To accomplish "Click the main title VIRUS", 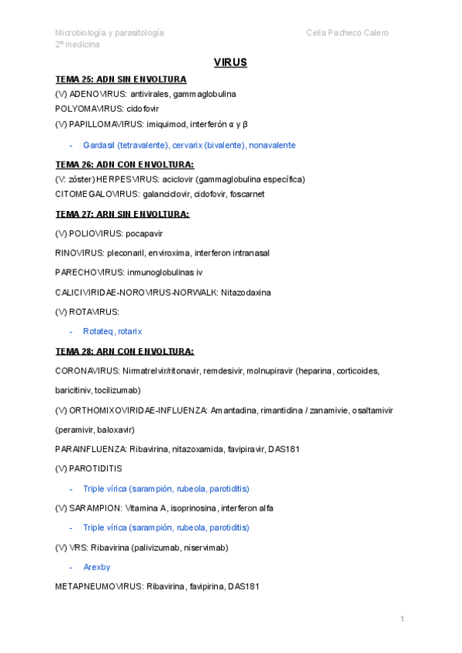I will point(230,62).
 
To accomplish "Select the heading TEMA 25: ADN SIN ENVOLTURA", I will point(121,79).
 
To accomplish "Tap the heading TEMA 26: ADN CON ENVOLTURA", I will point(125,164).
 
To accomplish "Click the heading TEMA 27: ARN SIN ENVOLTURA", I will point(122,213).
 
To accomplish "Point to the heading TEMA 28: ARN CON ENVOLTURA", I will point(125,351).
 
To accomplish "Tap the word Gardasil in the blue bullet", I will point(99,145).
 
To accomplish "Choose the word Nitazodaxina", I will point(246,292).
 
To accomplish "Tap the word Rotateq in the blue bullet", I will point(98,331).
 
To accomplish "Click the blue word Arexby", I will point(97,567).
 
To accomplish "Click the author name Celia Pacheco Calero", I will point(347,32).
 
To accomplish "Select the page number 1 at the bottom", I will point(402,619).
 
